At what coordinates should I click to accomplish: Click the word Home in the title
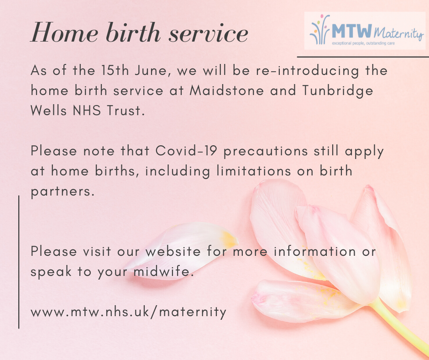[x=65, y=32]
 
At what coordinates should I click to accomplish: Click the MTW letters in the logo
[x=352, y=31]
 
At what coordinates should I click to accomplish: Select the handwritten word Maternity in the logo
[x=398, y=33]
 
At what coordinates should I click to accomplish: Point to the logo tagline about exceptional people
[x=363, y=43]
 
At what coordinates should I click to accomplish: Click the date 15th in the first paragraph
[x=115, y=70]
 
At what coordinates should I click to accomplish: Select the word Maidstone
[x=227, y=90]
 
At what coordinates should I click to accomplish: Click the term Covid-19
[x=186, y=151]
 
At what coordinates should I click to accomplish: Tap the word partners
[x=63, y=191]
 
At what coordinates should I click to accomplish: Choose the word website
[x=173, y=251]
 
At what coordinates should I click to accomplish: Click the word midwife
[x=163, y=271]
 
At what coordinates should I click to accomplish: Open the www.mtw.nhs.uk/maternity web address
[x=129, y=312]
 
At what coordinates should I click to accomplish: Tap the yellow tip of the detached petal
[x=229, y=239]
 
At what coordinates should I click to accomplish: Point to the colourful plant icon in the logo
[x=319, y=30]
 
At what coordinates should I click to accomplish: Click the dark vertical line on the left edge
[x=19, y=262]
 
